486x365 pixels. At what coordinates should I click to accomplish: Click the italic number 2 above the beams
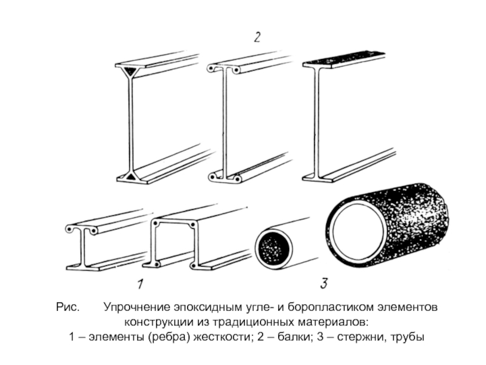(x=257, y=38)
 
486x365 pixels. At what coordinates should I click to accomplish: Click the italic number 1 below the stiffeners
(x=140, y=283)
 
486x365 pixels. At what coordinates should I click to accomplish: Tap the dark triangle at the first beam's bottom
(x=131, y=176)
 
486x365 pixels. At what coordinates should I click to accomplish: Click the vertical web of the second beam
(x=225, y=122)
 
